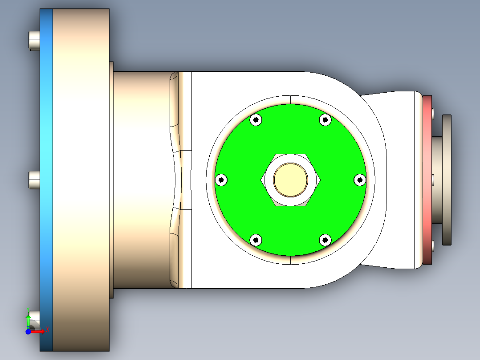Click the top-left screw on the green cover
point(256,119)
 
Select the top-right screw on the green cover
point(326,119)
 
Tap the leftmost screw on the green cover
point(221,180)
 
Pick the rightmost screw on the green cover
point(360,180)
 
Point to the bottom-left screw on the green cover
point(256,240)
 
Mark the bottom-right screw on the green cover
point(326,240)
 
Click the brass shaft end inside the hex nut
point(290,180)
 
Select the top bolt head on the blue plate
point(34,40)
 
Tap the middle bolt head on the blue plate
point(34,180)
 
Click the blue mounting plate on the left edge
point(46,134)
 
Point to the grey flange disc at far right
point(447,180)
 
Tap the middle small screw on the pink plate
point(433,180)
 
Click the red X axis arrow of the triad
point(41,331)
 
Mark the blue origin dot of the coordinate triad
point(28,331)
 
